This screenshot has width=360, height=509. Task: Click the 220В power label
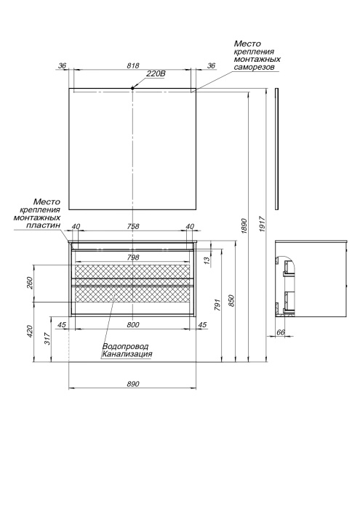[156, 73]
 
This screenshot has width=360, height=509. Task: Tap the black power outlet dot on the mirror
[132, 88]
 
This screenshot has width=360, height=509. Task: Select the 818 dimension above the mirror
[133, 65]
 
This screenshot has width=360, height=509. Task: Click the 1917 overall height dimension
[263, 224]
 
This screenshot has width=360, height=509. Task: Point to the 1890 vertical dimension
[245, 226]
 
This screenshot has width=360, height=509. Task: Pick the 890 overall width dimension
[133, 384]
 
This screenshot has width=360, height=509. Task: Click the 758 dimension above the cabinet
[133, 226]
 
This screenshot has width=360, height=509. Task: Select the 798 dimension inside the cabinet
[133, 257]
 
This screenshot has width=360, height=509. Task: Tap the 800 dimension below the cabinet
[133, 324]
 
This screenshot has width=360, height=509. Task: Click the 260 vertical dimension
[30, 283]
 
